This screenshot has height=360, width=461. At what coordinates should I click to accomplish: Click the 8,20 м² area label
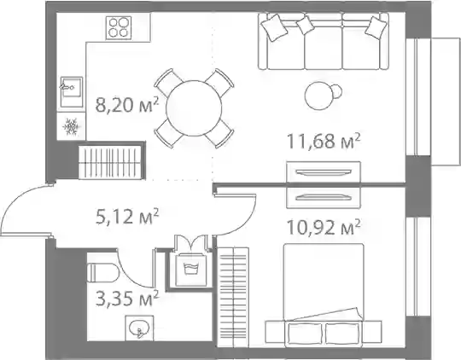point(127,105)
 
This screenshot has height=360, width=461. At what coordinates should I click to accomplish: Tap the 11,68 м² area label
point(323,141)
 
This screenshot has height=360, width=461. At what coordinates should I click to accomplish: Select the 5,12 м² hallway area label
point(127,217)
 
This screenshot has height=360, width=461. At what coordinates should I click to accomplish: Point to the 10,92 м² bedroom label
point(323,228)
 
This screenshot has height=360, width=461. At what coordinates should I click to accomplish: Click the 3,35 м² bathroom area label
point(127,298)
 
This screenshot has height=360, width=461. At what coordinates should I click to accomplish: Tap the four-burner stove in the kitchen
point(119,27)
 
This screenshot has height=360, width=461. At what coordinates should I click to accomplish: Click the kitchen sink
point(72,91)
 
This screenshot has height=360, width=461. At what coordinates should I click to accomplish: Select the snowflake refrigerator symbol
point(71,126)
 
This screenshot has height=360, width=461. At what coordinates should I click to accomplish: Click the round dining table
point(194,108)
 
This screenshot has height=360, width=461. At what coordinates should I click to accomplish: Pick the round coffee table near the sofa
point(319,95)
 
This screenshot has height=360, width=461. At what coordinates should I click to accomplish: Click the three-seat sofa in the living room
point(324,41)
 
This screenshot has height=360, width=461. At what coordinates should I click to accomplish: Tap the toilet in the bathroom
point(103,273)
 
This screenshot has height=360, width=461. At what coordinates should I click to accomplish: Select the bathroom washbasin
point(139,328)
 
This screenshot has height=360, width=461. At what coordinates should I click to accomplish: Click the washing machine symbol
point(191,269)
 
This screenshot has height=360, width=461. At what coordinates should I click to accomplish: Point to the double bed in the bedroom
point(324,293)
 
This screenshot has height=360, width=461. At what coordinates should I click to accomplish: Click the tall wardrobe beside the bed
point(233,297)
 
